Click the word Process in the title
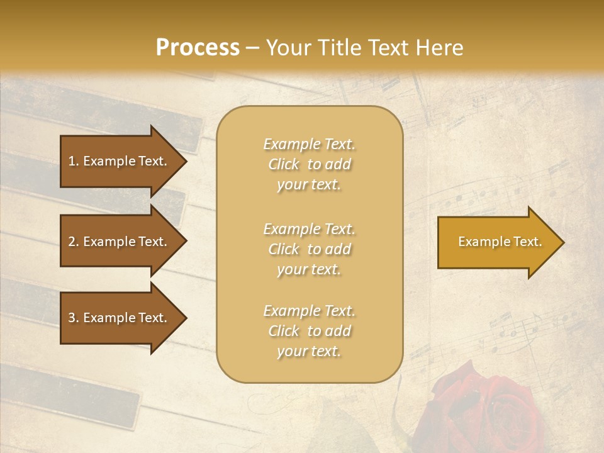[198, 48]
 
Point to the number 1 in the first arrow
[72, 161]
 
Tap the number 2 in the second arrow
[72, 242]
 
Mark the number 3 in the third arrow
[72, 318]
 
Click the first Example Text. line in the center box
[309, 144]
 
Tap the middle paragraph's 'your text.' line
[309, 269]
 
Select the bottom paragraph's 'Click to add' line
[309, 331]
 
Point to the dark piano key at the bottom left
[69, 393]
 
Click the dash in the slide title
[253, 48]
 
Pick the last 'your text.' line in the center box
[309, 351]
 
